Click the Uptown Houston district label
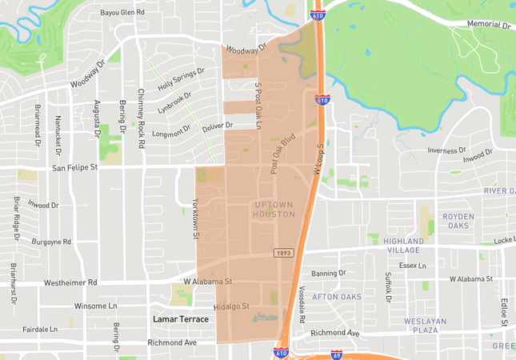coord(274,209)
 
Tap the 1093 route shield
coord(283,253)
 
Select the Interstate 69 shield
coord(337,354)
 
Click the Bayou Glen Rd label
coord(122,13)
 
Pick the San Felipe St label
coord(74,168)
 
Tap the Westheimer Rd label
coord(70,282)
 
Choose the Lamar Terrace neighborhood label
coord(181,319)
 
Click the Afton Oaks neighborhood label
coord(336,297)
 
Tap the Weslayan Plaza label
coord(425,326)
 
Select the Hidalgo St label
coord(232,306)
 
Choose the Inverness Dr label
coord(446,150)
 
